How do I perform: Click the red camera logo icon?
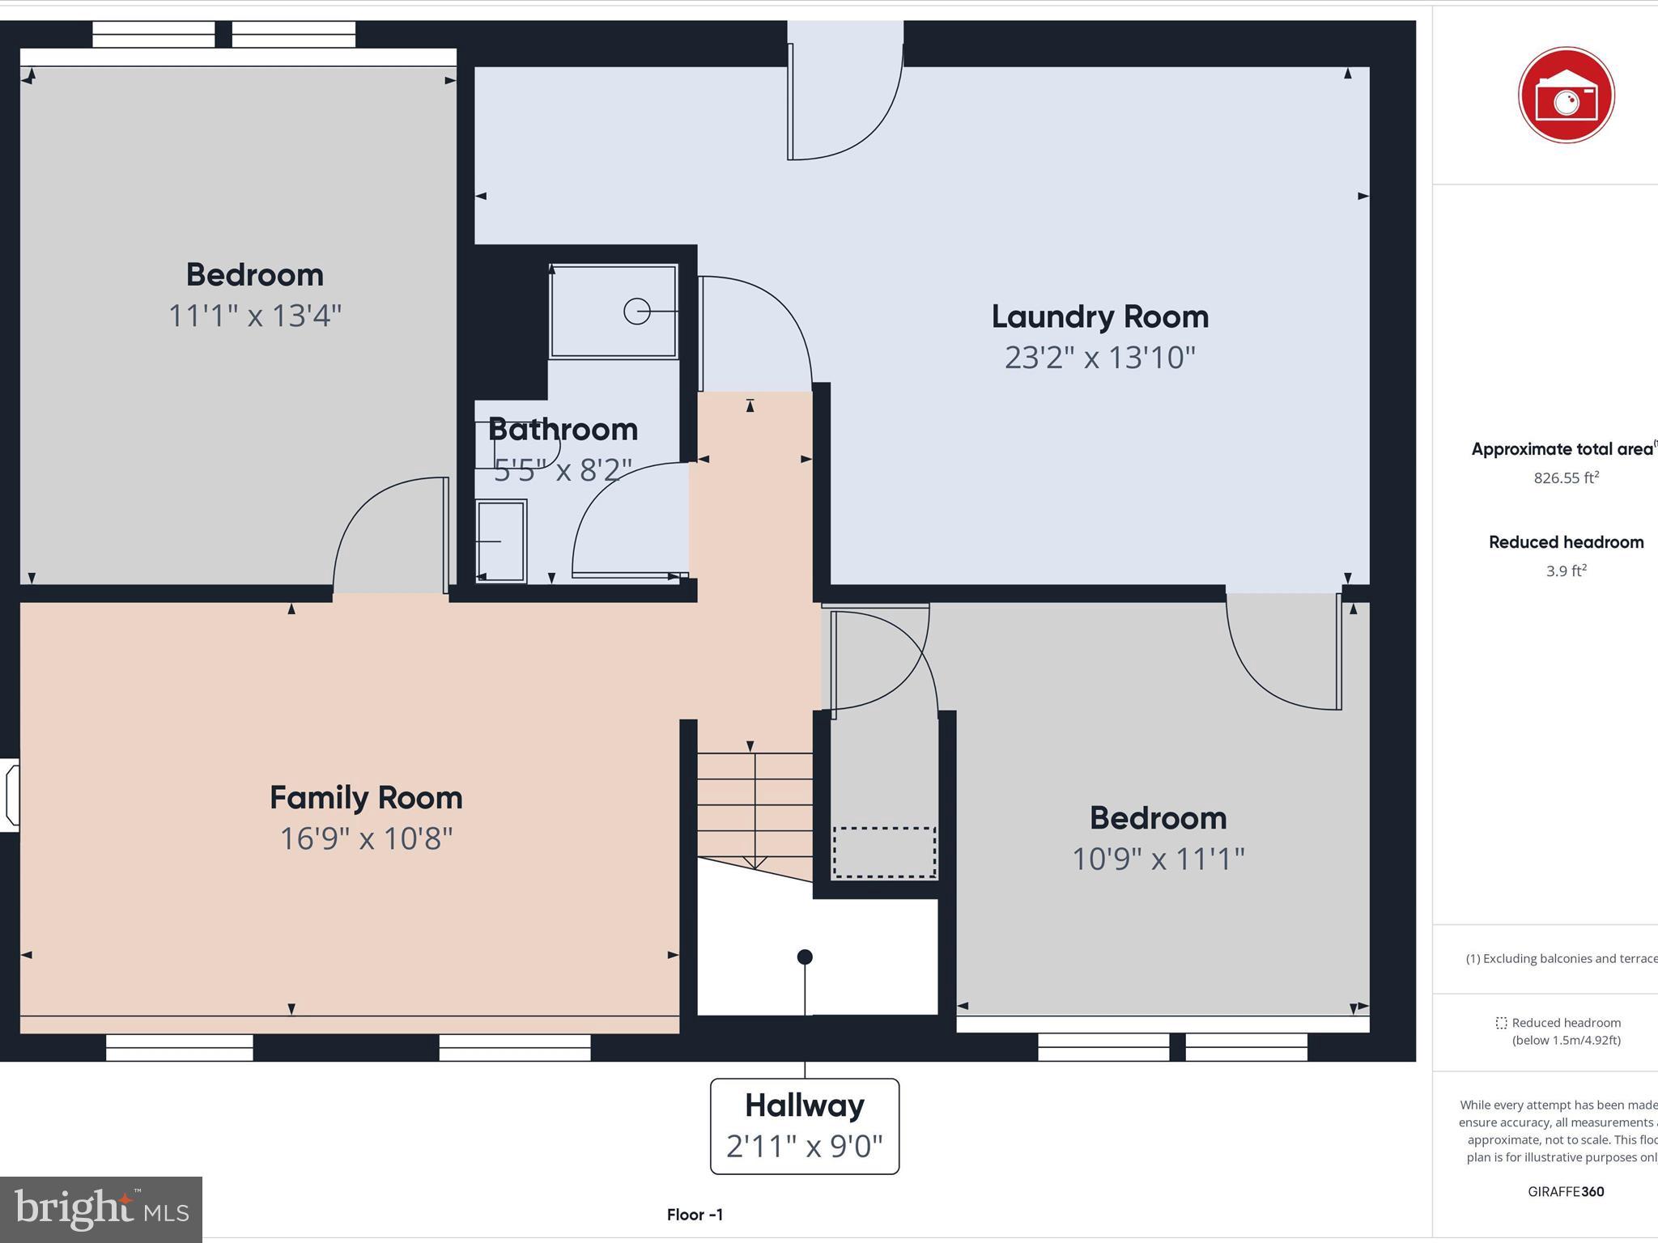pyautogui.click(x=1566, y=95)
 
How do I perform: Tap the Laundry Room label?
pyautogui.click(x=1099, y=316)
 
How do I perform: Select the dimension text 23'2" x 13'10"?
pyautogui.click(x=1099, y=358)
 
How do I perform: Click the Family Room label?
pyautogui.click(x=366, y=798)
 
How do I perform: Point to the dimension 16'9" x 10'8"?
pyautogui.click(x=366, y=838)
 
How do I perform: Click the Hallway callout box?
pyautogui.click(x=804, y=1126)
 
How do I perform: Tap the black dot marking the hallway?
pyautogui.click(x=804, y=957)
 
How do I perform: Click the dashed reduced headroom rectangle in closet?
pyautogui.click(x=884, y=852)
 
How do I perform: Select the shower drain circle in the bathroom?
pyautogui.click(x=636, y=312)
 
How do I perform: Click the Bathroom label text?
pyautogui.click(x=563, y=430)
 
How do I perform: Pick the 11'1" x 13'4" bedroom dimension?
pyautogui.click(x=254, y=316)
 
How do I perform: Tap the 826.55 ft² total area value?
pyautogui.click(x=1566, y=478)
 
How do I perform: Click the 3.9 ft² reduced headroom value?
pyautogui.click(x=1566, y=571)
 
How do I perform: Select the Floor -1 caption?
pyautogui.click(x=695, y=1215)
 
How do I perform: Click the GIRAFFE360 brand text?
pyautogui.click(x=1566, y=1191)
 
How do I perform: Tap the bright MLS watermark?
pyautogui.click(x=101, y=1209)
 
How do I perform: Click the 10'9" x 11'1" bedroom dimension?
pyautogui.click(x=1158, y=859)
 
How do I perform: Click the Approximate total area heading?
pyautogui.click(x=1562, y=449)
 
